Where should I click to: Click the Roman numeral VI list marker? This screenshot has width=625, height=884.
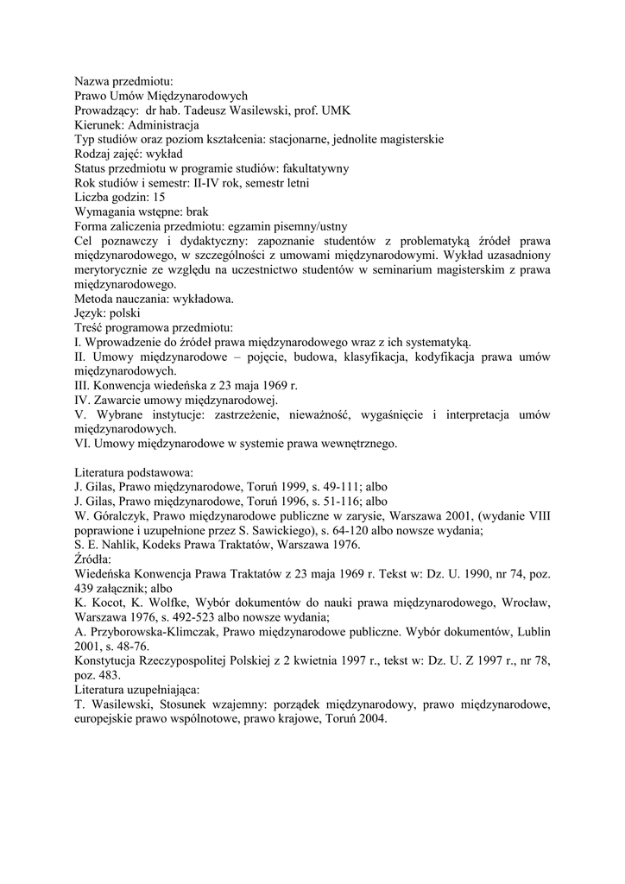82,444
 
